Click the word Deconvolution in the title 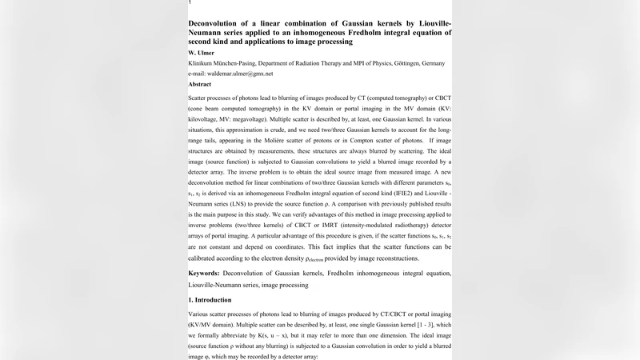pyautogui.click(x=222, y=23)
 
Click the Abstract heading pyautogui.click(x=199, y=84)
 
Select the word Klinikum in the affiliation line pyautogui.click(x=203, y=63)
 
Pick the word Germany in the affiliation pyautogui.click(x=432, y=63)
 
